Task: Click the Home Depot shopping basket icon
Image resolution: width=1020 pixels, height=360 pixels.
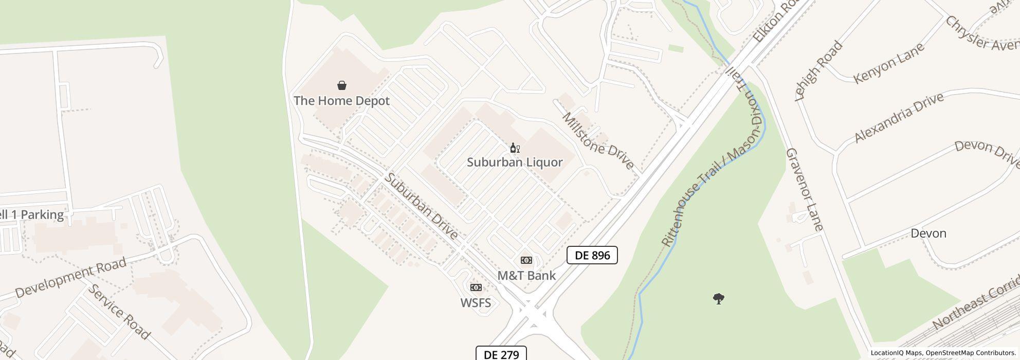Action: click(342, 85)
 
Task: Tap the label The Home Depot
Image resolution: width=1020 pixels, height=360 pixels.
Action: click(341, 101)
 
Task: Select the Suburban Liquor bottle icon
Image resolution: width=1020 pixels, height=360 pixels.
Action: click(515, 148)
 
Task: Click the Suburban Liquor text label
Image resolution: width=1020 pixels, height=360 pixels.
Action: click(515, 162)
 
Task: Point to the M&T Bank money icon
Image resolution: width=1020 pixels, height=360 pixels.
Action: click(526, 260)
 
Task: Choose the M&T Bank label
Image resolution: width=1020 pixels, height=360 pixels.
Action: click(526, 276)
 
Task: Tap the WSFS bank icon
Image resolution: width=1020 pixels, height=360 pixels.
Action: click(476, 287)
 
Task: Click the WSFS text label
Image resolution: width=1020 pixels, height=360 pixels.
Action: click(476, 303)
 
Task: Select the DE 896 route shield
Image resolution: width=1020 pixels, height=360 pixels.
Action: click(592, 255)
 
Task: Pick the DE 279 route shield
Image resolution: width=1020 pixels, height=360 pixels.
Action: click(501, 354)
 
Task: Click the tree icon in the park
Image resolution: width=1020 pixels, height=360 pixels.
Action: click(719, 299)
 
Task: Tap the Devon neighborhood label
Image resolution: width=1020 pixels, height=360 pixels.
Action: click(928, 233)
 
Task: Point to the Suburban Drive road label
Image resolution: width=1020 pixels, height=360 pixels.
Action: click(422, 206)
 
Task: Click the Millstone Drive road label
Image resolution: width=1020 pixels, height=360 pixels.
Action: click(598, 140)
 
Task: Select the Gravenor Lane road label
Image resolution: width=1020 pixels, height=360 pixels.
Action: click(805, 189)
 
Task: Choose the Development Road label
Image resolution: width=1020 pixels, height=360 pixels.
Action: click(70, 278)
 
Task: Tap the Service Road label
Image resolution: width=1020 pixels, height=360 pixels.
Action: click(119, 312)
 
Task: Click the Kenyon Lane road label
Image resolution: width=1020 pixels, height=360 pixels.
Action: click(889, 63)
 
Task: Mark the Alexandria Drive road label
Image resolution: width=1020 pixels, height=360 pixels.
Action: click(899, 117)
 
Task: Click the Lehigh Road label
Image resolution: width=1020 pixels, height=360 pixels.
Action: click(819, 70)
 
